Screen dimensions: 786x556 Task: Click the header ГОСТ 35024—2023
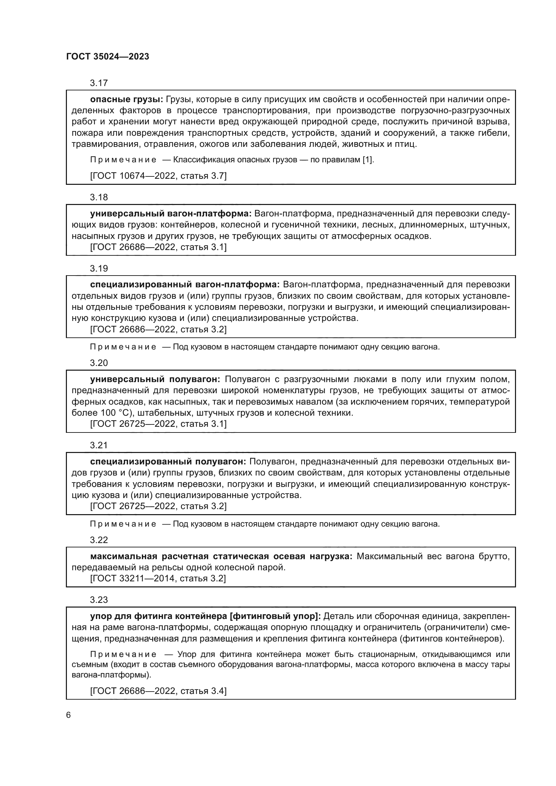108,57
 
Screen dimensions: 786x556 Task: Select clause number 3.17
98,83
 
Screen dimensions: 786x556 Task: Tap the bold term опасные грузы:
127,99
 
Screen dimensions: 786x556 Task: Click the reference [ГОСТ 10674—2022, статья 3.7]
158,176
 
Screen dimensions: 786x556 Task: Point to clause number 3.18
98,197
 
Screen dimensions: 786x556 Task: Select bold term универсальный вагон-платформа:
170,214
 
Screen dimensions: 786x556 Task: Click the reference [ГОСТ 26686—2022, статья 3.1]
158,247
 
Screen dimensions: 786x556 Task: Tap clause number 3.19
98,268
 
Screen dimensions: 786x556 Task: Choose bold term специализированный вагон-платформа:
185,285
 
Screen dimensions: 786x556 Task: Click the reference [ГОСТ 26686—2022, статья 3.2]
158,329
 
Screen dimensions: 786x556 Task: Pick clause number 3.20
98,363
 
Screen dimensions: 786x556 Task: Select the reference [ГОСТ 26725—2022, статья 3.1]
158,424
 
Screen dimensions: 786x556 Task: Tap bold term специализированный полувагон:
168,461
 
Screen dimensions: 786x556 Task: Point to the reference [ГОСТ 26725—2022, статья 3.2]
158,506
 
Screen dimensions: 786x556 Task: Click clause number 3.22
98,540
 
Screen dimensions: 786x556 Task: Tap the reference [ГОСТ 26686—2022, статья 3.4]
158,691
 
